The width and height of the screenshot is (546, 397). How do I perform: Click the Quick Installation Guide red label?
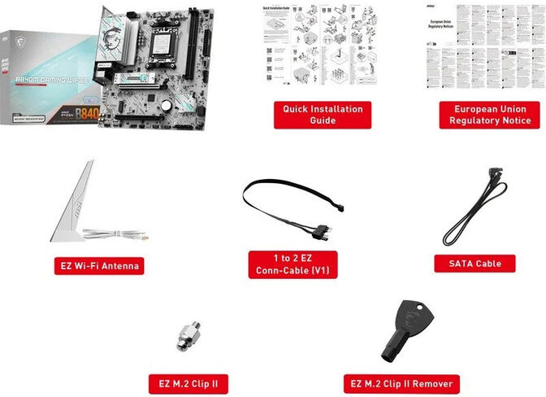322,115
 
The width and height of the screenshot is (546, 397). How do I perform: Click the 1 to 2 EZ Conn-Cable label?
296,264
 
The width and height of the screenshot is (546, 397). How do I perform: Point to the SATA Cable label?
475,264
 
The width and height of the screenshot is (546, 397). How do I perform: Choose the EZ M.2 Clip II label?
188,382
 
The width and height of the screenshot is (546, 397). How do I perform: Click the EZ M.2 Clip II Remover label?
402,382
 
